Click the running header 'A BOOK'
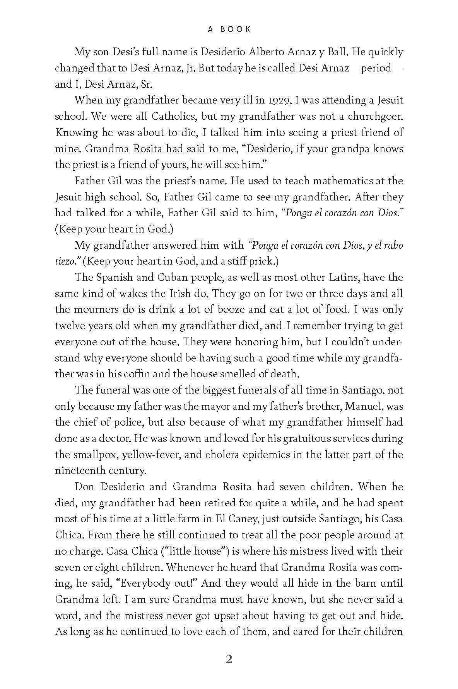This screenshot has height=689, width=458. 229,29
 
